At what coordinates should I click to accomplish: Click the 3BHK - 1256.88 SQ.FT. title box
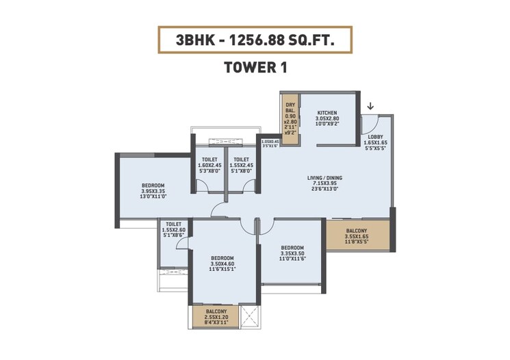pyautogui.click(x=255, y=40)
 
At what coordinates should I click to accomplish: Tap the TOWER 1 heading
pyautogui.click(x=255, y=68)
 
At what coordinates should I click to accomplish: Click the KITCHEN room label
pyautogui.click(x=327, y=112)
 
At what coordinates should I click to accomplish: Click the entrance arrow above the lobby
pyautogui.click(x=370, y=106)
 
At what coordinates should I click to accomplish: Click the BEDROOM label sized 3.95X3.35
pyautogui.click(x=153, y=185)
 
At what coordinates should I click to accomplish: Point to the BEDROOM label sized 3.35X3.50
pyautogui.click(x=292, y=248)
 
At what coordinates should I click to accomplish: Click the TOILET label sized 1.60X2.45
pyautogui.click(x=210, y=159)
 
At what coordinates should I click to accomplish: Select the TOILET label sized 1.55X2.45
pyautogui.click(x=241, y=159)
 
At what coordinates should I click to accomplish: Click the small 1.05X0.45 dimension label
pyautogui.click(x=270, y=142)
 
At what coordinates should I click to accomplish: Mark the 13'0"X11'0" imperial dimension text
pyautogui.click(x=153, y=197)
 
